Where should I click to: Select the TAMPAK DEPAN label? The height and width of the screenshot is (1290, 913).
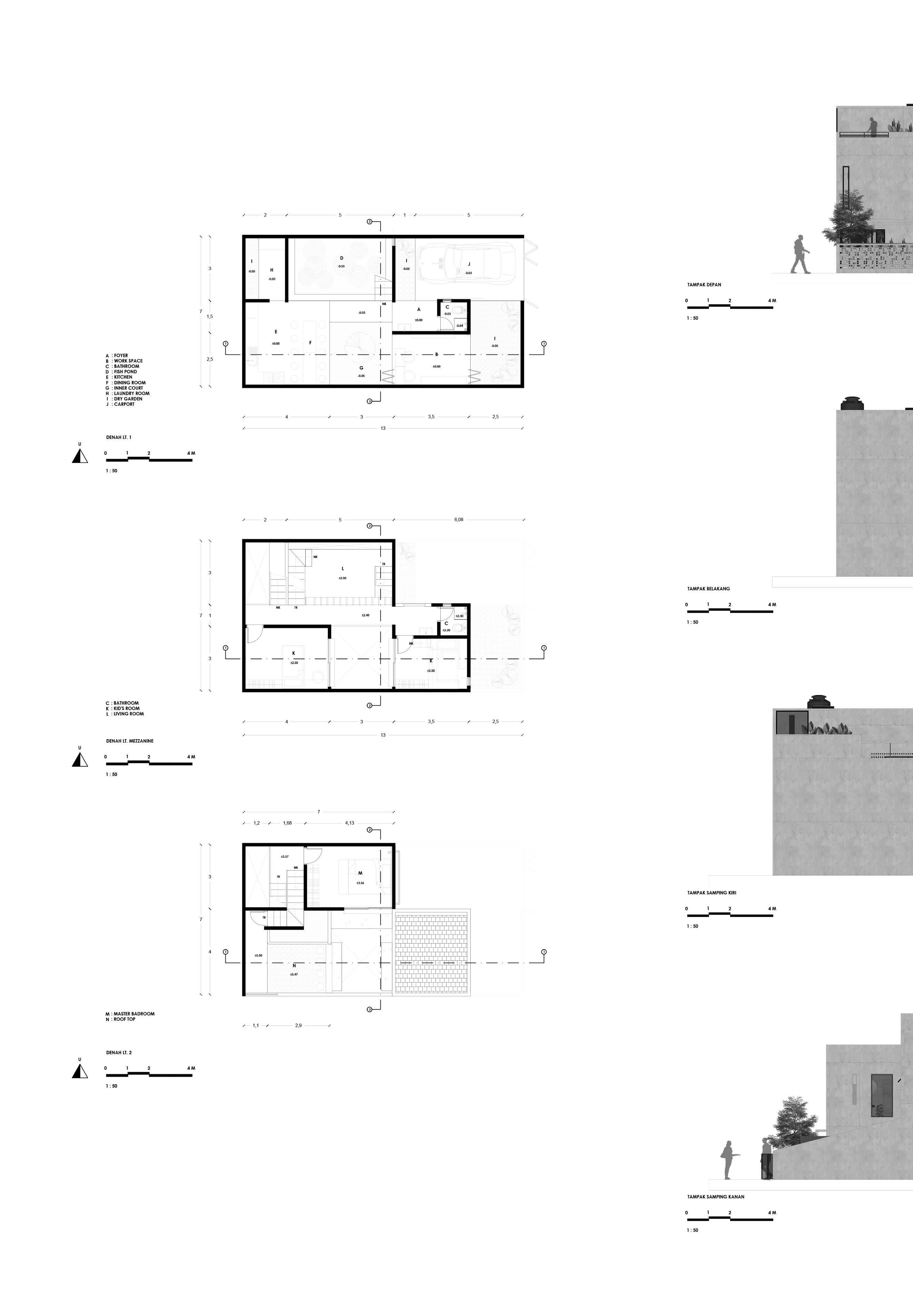(704, 285)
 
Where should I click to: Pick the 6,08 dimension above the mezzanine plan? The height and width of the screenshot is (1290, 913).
(459, 520)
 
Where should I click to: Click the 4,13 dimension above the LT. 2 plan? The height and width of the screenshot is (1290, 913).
(350, 823)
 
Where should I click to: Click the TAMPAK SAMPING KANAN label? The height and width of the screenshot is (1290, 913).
(716, 1197)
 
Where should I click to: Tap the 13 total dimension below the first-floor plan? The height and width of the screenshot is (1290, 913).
(383, 428)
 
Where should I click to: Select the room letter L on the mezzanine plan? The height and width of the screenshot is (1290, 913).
(343, 568)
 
